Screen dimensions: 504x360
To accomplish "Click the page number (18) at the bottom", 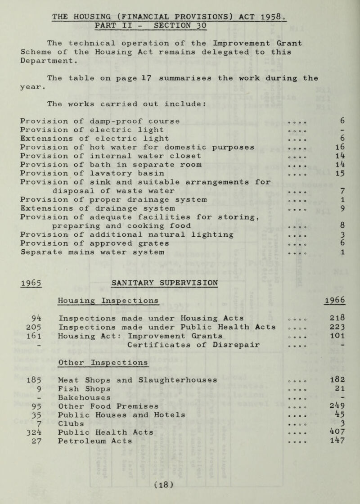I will coord(177,488).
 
